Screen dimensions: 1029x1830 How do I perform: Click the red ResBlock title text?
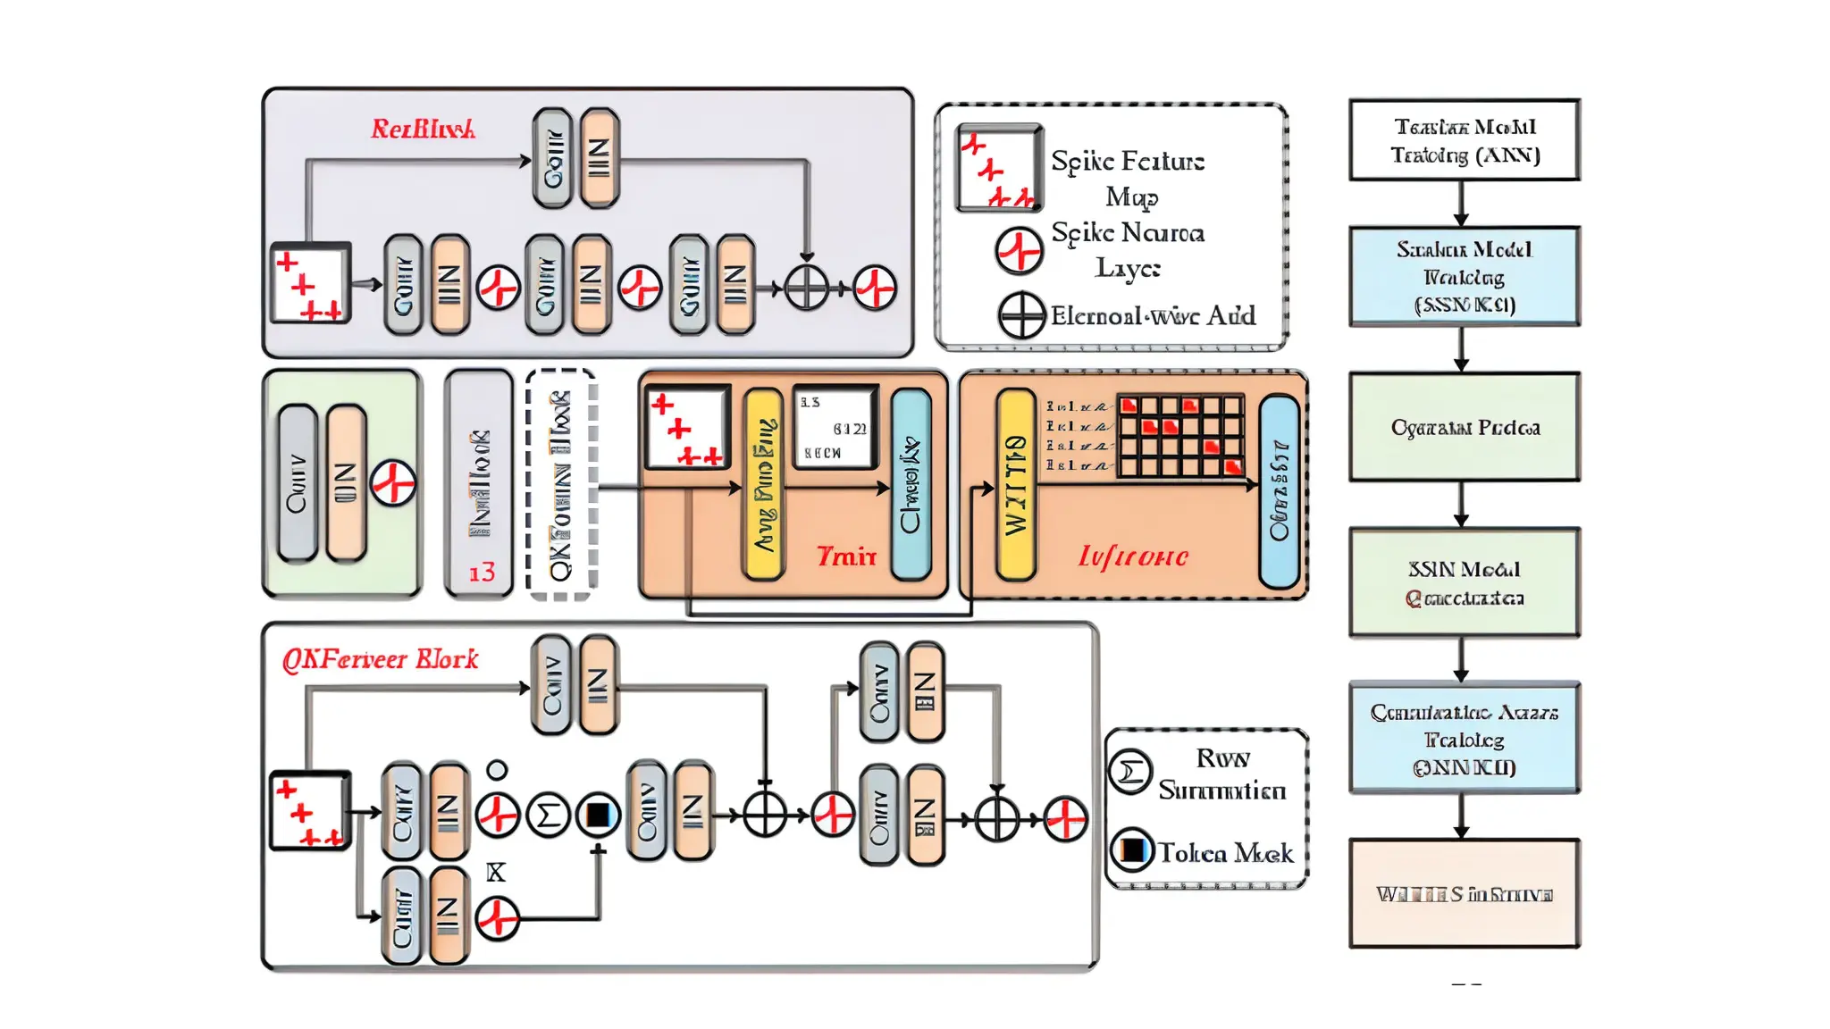[423, 130]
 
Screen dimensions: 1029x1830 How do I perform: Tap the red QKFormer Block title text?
[381, 659]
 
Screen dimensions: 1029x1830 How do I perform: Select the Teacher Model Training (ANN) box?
[1464, 140]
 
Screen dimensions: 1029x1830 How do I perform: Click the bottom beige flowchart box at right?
[1464, 893]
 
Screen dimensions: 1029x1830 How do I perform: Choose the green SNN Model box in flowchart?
[1464, 582]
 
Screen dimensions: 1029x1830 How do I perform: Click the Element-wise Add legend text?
[1153, 315]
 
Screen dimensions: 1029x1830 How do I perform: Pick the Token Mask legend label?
[1225, 853]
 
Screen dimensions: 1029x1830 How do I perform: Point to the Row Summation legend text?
[1221, 774]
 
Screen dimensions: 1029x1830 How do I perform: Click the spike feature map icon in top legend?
[998, 168]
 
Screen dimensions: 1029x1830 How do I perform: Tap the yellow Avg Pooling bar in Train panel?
[763, 483]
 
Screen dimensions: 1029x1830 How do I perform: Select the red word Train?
[845, 556]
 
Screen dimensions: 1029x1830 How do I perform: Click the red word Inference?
[1132, 556]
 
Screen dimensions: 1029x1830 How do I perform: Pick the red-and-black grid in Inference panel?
[1180, 436]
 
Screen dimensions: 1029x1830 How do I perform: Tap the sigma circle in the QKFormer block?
[548, 815]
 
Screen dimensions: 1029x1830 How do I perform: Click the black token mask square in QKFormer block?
[598, 815]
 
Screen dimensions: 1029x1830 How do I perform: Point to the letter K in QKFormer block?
[495, 873]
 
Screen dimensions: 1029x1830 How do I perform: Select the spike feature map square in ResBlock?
[310, 283]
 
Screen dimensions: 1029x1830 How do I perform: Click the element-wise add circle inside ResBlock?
[806, 289]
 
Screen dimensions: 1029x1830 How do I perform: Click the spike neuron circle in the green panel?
[392, 483]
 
